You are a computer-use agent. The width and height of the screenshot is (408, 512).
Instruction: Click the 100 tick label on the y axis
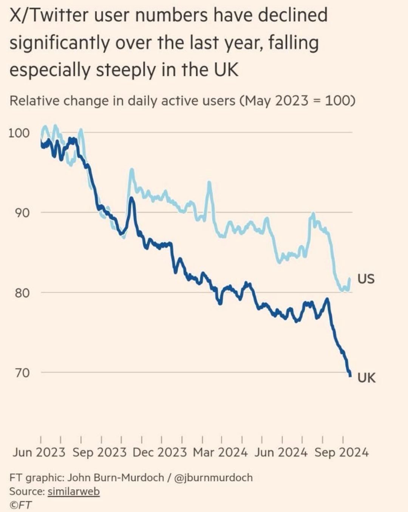tap(19, 133)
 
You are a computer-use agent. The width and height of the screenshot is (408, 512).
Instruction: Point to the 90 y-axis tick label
tap(22, 213)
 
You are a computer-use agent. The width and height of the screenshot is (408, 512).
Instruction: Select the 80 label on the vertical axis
tap(22, 293)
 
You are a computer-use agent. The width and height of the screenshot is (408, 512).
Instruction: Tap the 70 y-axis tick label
tap(22, 373)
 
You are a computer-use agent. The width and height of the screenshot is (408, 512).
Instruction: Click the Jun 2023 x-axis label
tap(39, 452)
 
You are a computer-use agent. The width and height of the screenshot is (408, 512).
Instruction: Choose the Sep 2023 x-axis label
tap(99, 452)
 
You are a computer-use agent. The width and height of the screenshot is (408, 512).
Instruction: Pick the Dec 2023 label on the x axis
tap(159, 452)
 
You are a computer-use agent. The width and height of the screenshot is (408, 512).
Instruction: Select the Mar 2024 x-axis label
tap(220, 452)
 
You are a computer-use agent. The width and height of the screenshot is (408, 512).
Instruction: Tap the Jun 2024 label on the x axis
tap(281, 452)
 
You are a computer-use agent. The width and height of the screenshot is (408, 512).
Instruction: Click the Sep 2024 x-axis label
tap(342, 452)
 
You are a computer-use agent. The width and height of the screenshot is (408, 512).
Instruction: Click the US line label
tap(366, 279)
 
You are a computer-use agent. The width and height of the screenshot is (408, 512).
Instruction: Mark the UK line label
tap(366, 378)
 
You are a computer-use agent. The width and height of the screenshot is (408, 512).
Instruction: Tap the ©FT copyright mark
tap(20, 505)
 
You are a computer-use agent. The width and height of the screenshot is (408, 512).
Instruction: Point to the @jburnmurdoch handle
tap(213, 478)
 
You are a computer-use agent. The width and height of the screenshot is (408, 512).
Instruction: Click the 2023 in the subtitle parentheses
tap(291, 101)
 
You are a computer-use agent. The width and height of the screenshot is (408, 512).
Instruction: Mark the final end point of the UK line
tap(350, 375)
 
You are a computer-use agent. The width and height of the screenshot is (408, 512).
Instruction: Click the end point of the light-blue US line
tap(350, 279)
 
